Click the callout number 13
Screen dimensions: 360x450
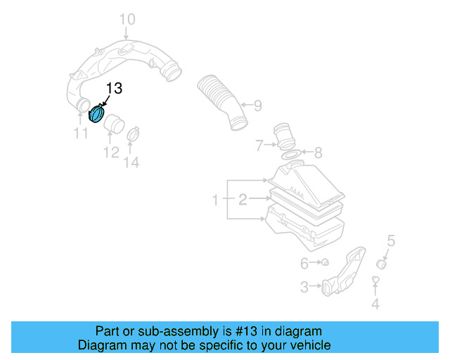pyautogui.click(x=113, y=89)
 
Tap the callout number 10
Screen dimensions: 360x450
pyautogui.click(x=127, y=19)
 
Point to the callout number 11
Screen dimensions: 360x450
pyautogui.click(x=81, y=133)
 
